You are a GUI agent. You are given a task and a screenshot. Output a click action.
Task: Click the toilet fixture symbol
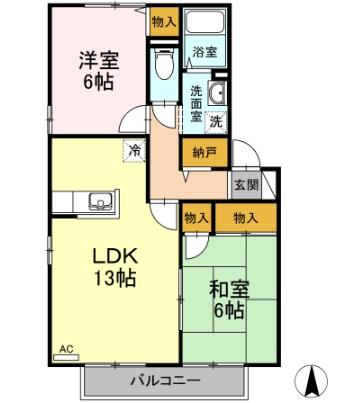tap(164, 63)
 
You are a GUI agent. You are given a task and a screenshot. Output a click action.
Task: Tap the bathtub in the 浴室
tap(205, 21)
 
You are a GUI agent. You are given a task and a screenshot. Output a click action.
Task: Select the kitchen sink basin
tap(101, 201)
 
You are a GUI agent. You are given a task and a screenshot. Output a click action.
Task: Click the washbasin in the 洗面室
tap(217, 92)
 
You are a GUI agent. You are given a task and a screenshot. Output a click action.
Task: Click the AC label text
tap(66, 349)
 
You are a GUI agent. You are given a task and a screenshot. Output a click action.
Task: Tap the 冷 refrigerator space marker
tap(134, 151)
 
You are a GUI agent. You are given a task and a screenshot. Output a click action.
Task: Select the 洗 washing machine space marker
tap(216, 122)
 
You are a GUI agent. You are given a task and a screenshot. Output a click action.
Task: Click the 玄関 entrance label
tap(246, 185)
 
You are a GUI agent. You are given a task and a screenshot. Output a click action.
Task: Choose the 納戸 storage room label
tap(205, 153)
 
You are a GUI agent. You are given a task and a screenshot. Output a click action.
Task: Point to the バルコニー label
tap(165, 380)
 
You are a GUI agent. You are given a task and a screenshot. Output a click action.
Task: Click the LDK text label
tap(115, 256)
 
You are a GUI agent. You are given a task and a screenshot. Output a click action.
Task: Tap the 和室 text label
tap(229, 290)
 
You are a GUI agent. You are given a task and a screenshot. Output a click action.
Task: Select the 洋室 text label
tap(99, 61)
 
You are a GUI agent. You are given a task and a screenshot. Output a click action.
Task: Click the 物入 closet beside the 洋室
tap(164, 22)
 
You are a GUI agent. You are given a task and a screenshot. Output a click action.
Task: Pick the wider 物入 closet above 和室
tap(246, 218)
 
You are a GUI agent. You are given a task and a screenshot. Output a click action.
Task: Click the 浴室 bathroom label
tap(205, 52)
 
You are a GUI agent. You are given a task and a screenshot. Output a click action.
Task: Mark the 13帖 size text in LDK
tap(115, 278)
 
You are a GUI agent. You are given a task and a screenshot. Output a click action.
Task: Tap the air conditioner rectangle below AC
tap(66, 357)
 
